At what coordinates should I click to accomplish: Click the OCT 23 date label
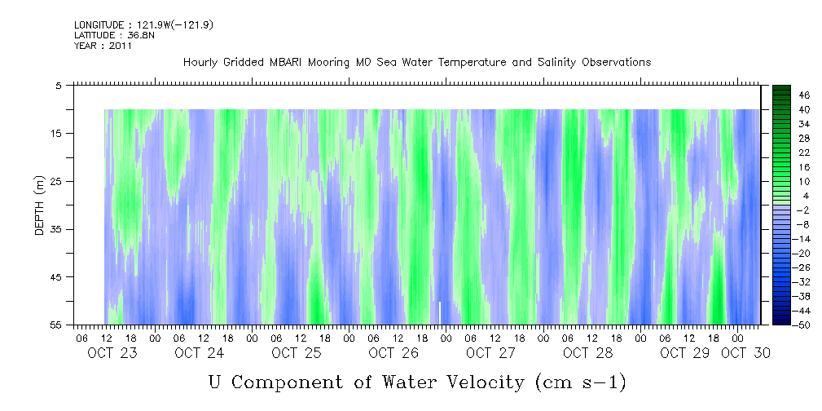tap(112, 353)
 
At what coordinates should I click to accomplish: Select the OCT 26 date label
tap(393, 353)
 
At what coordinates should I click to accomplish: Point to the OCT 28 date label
tap(587, 353)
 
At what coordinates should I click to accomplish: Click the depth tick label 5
tap(59, 85)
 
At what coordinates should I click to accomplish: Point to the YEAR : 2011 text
tap(103, 46)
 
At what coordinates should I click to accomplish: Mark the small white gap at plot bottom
tap(440, 312)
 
